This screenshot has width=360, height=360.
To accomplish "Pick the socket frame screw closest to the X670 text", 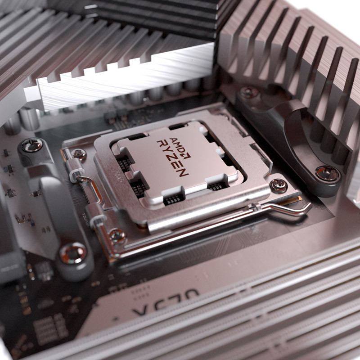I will tap(117, 235).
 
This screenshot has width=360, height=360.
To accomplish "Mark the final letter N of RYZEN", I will tap(184, 171).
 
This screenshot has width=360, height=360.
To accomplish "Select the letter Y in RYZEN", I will tap(167, 151).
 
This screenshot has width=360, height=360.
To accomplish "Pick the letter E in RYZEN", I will tap(179, 164).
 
